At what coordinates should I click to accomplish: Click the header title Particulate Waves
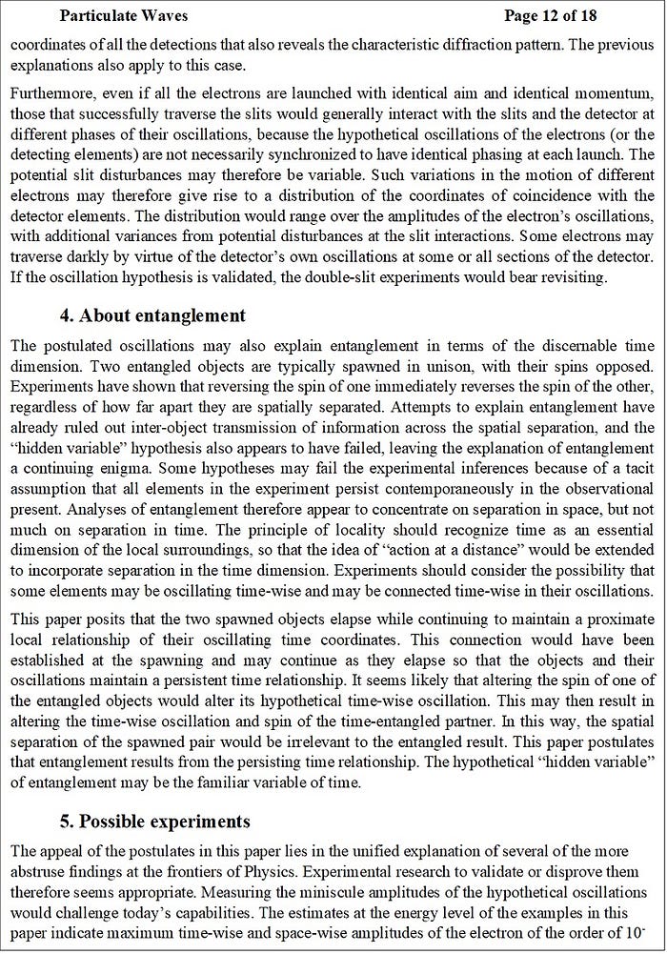(x=123, y=15)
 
